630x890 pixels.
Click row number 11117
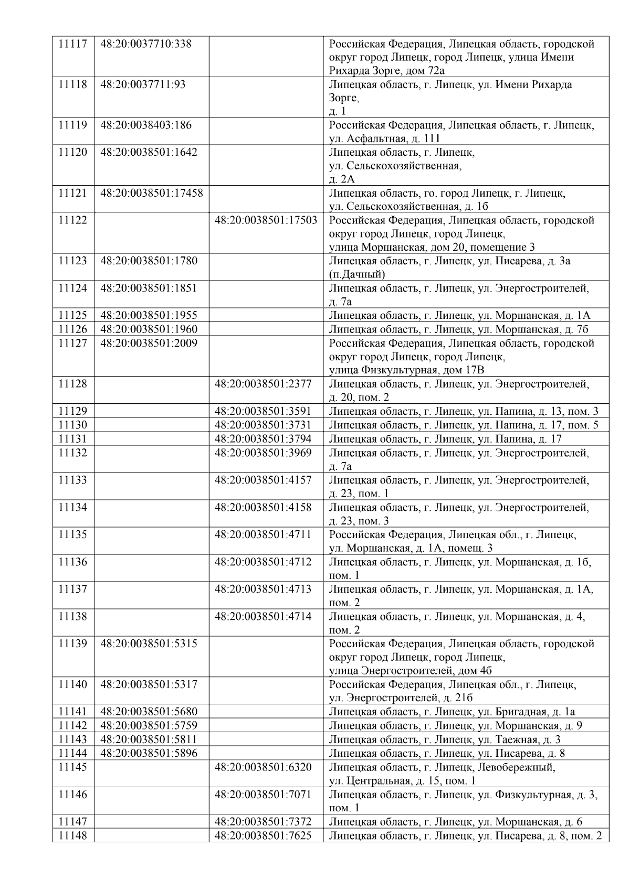[x=72, y=44]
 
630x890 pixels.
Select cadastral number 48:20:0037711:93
[x=143, y=84]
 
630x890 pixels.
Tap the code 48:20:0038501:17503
[x=266, y=220]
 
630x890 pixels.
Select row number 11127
[x=72, y=343]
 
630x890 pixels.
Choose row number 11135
[x=72, y=534]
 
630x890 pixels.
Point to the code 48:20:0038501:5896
[x=149, y=753]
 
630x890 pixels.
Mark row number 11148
[x=72, y=835]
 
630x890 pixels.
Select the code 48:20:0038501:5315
[x=149, y=644]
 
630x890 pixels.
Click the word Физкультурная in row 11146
[x=533, y=795]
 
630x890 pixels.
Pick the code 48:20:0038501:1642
[x=149, y=152]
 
